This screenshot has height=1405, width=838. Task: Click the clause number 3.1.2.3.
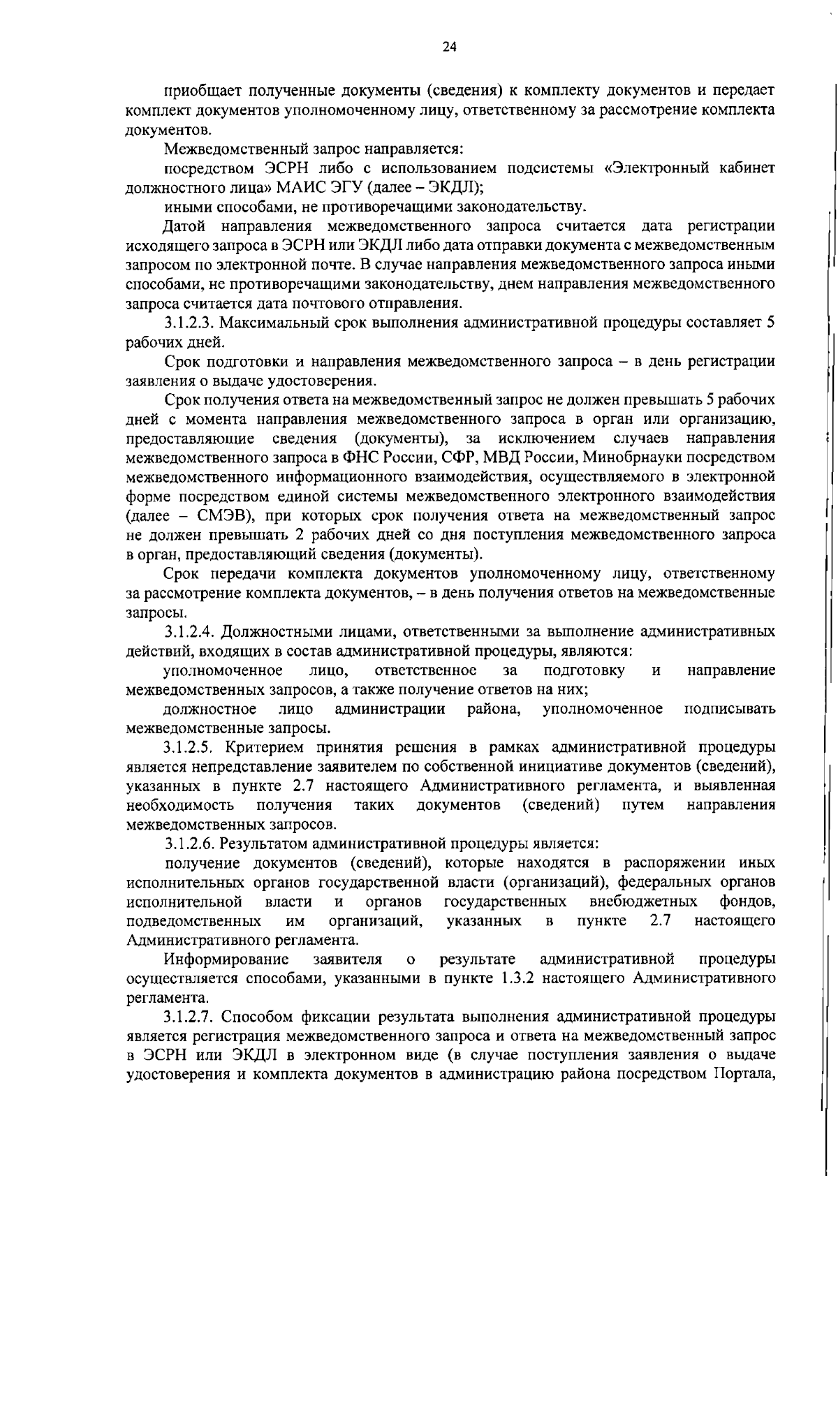pos(189,323)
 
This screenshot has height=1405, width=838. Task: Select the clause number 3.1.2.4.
pos(189,631)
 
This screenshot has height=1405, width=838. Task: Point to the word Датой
pos(184,226)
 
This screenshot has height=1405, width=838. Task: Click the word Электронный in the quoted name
pos(652,168)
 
